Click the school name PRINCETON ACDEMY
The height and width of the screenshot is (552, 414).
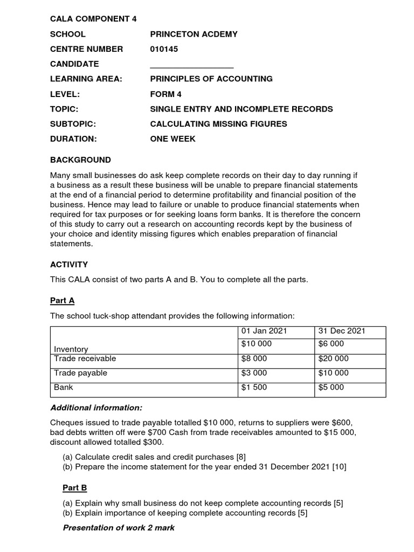[x=194, y=34]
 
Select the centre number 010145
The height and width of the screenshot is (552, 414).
[x=163, y=49]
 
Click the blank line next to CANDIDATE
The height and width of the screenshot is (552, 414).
[x=191, y=65]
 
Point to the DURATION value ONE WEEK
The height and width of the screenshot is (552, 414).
[x=172, y=139]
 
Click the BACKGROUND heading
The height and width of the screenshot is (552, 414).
[x=80, y=160]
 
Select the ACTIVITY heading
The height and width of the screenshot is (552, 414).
[x=69, y=265]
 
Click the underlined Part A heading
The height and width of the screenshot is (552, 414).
[x=66, y=300]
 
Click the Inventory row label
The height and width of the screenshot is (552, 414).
[x=71, y=349]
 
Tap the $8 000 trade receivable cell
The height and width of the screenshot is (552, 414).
[x=254, y=358]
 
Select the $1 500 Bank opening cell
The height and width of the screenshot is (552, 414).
[x=254, y=387]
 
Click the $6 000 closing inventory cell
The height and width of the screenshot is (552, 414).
[x=331, y=344]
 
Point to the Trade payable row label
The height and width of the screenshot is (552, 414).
[x=80, y=373]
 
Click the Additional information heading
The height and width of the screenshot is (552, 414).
[x=96, y=408]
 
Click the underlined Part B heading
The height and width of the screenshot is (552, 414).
[x=74, y=488]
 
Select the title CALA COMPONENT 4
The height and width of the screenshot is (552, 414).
[x=93, y=19]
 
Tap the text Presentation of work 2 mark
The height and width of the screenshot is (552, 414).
[x=119, y=528]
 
